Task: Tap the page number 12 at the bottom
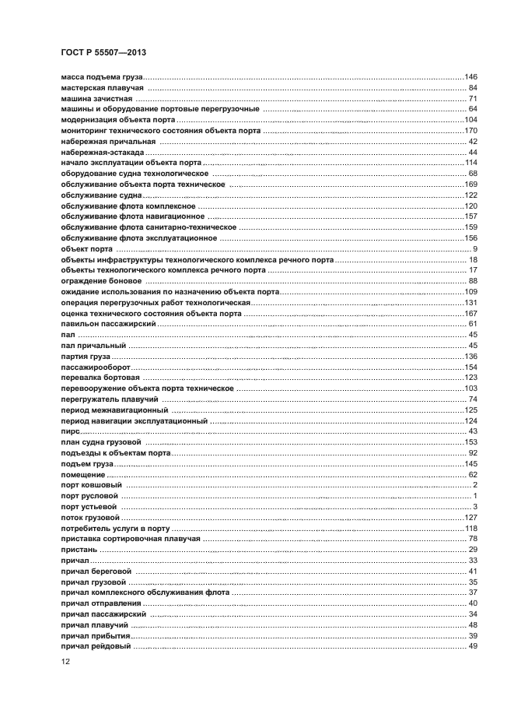65,662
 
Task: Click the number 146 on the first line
470,77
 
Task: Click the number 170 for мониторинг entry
470,131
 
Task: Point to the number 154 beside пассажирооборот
470,366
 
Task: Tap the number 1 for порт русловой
474,495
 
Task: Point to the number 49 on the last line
472,645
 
